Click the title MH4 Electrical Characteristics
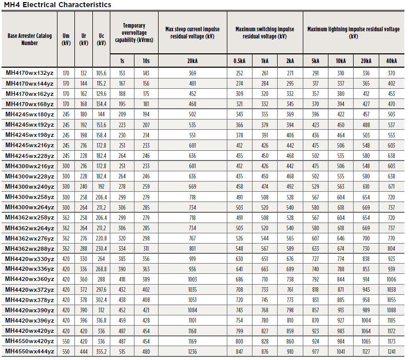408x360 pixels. pyautogui.click(x=57, y=5)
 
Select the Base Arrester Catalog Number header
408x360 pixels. pyautogui.click(x=29, y=39)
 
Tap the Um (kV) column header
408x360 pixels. pyautogui.click(x=66, y=39)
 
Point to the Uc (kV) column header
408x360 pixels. pyautogui.click(x=101, y=39)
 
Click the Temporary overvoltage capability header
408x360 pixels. pyautogui.click(x=134, y=33)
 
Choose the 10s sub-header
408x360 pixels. pyautogui.click(x=146, y=61)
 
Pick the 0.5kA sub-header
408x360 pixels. pyautogui.click(x=239, y=61)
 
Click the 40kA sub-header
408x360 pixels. pyautogui.click(x=392, y=61)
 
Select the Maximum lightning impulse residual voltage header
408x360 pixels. pyautogui.click(x=354, y=32)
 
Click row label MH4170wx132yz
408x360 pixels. pyautogui.click(x=30, y=73)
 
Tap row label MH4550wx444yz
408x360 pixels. pyautogui.click(x=30, y=351)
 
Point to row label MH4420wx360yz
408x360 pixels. pyautogui.click(x=30, y=279)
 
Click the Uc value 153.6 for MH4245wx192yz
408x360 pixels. pyautogui.click(x=101, y=125)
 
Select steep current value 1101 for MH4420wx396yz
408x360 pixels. pyautogui.click(x=192, y=321)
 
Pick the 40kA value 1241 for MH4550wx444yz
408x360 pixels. pyautogui.click(x=392, y=352)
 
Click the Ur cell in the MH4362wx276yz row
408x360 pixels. pyautogui.click(x=84, y=238)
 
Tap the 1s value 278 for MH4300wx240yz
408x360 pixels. pyautogui.click(x=122, y=187)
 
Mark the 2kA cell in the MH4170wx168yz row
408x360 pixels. pyautogui.click(x=290, y=104)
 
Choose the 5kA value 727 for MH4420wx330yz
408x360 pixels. pyautogui.click(x=316, y=259)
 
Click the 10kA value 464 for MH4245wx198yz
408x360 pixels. pyautogui.click(x=341, y=135)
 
